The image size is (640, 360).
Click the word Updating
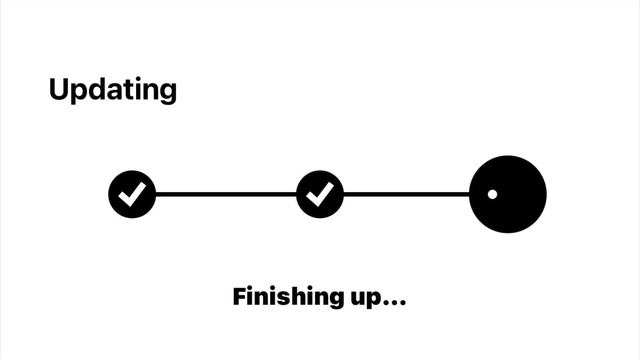pyautogui.click(x=113, y=90)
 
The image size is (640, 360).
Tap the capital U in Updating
pyautogui.click(x=59, y=89)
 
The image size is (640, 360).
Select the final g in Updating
pyautogui.click(x=168, y=93)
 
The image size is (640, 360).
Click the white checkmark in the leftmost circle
pyautogui.click(x=132, y=194)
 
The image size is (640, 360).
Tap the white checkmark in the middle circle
pyautogui.click(x=320, y=194)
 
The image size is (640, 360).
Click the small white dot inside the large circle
pyautogui.click(x=492, y=194)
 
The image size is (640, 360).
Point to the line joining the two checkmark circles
pyautogui.click(x=226, y=194)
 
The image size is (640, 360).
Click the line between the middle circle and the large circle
pyautogui.click(x=407, y=194)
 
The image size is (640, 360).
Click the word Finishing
pyautogui.click(x=288, y=297)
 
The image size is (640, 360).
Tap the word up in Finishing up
pyautogui.click(x=364, y=299)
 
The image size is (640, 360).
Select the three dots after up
pyautogui.click(x=393, y=302)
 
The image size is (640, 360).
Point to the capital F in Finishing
pyautogui.click(x=240, y=296)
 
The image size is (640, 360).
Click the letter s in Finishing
pyautogui.click(x=284, y=298)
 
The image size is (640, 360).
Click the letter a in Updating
pyautogui.click(x=116, y=91)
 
